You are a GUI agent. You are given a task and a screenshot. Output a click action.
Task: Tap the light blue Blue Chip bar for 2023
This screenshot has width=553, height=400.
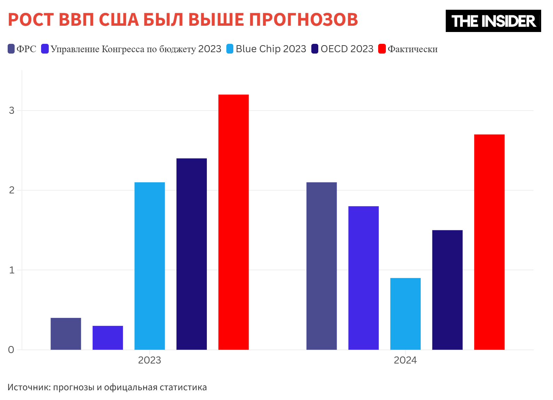point(149,266)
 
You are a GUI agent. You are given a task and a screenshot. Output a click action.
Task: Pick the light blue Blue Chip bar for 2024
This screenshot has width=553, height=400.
point(405,314)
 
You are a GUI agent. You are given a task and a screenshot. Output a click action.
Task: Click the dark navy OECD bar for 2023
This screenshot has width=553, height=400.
point(192,254)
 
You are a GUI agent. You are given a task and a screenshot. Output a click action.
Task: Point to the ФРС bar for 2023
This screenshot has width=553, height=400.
point(66,334)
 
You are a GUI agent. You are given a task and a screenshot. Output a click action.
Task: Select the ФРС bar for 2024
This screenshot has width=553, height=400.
point(321,266)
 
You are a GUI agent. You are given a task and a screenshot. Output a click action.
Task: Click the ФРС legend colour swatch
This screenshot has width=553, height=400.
point(11,49)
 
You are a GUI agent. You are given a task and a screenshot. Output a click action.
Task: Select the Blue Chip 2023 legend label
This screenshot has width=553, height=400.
point(271,49)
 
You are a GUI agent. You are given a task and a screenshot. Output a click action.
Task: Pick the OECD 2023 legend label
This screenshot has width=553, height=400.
point(347,49)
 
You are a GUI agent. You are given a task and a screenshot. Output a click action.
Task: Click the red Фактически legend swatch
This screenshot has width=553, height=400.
point(382,49)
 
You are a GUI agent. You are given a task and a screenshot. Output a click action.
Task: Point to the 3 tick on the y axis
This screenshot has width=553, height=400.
point(12,111)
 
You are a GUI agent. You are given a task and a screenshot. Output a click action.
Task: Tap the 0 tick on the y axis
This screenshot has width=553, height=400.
point(11,350)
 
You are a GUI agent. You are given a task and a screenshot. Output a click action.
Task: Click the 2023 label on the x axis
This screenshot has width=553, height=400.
point(149,360)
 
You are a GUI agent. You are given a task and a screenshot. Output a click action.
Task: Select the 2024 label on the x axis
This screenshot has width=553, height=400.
point(405,360)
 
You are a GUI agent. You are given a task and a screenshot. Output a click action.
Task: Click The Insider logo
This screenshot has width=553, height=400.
point(493,21)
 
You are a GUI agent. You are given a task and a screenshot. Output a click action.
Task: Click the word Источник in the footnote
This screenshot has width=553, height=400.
point(29,387)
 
